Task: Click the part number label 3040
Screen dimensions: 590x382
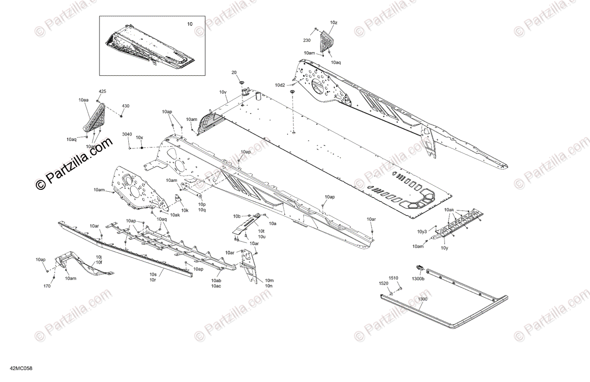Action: [127, 134]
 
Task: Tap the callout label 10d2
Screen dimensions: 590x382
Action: [280, 85]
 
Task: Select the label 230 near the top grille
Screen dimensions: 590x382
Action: [307, 40]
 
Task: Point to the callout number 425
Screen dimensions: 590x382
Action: [102, 91]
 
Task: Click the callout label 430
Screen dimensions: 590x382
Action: [126, 106]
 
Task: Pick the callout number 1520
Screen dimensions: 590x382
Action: [383, 284]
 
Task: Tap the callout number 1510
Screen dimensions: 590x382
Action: [393, 278]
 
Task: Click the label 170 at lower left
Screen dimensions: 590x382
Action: [47, 285]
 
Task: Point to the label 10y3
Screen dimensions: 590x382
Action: [422, 231]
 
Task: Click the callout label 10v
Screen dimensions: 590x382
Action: [223, 92]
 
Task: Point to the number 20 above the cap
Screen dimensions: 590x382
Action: [234, 72]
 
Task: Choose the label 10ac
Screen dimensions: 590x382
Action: [216, 286]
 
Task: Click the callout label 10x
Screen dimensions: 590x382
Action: [139, 138]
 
